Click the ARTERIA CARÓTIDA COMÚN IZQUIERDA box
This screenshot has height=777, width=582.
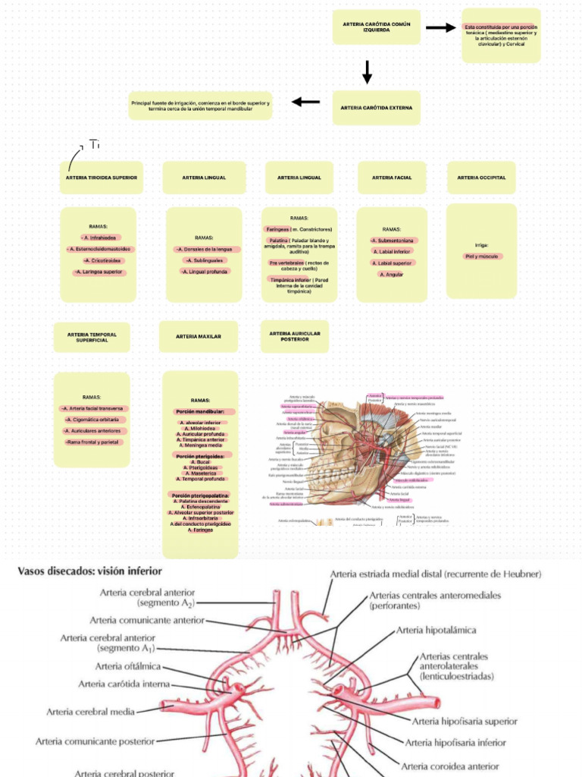[376, 27]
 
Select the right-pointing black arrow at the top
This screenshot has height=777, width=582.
[440, 28]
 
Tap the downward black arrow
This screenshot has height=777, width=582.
[368, 72]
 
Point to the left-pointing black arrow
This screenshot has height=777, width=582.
[306, 102]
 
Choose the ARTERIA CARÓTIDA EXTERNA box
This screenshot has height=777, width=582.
[376, 108]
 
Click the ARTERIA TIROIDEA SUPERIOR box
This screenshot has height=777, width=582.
[101, 178]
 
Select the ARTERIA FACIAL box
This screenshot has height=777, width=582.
[392, 178]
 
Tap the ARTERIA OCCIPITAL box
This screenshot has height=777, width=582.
[481, 178]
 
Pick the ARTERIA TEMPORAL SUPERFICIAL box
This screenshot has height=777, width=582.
[92, 337]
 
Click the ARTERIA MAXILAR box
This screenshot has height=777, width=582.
[199, 336]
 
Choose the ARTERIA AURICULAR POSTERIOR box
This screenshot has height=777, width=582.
[295, 336]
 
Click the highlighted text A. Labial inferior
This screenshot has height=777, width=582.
[392, 251]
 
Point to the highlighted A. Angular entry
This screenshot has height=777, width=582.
[392, 274]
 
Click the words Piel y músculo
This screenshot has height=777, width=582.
[481, 256]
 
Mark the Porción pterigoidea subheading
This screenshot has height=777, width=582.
[200, 457]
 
